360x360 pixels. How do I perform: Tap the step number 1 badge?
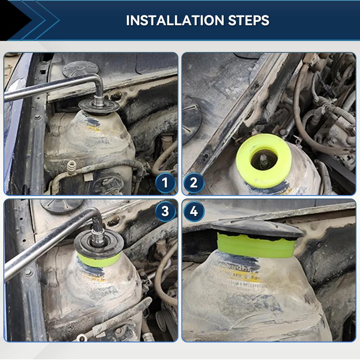click(165, 183)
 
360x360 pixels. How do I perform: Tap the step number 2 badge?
click(194, 183)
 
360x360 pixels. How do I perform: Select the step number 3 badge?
click(165, 211)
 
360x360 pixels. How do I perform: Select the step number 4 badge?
click(194, 211)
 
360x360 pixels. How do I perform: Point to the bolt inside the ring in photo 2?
click(263, 160)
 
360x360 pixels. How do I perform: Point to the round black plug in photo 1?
click(80, 69)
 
